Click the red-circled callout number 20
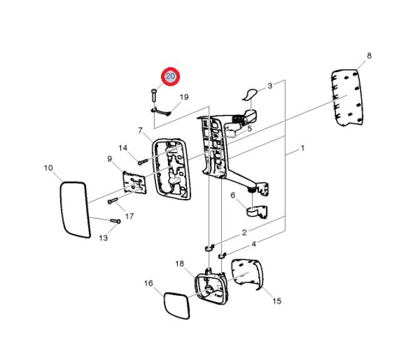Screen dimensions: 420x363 (171, 77)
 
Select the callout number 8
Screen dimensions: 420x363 (369, 56)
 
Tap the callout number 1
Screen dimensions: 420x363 (303, 148)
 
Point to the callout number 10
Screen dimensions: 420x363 (48, 168)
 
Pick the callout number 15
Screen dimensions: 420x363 (277, 301)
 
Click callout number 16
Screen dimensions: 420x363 (149, 283)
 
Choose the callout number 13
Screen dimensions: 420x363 (103, 238)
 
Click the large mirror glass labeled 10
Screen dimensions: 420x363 (75, 210)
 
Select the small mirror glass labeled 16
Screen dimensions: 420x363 (177, 306)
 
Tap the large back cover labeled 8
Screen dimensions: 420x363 (347, 98)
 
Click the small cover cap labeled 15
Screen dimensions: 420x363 (247, 274)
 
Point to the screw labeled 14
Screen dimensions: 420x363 (143, 162)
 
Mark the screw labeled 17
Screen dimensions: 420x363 (113, 201)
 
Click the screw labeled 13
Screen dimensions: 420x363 (116, 221)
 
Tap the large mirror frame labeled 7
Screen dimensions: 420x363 (171, 169)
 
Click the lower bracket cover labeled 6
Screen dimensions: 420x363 (257, 211)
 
